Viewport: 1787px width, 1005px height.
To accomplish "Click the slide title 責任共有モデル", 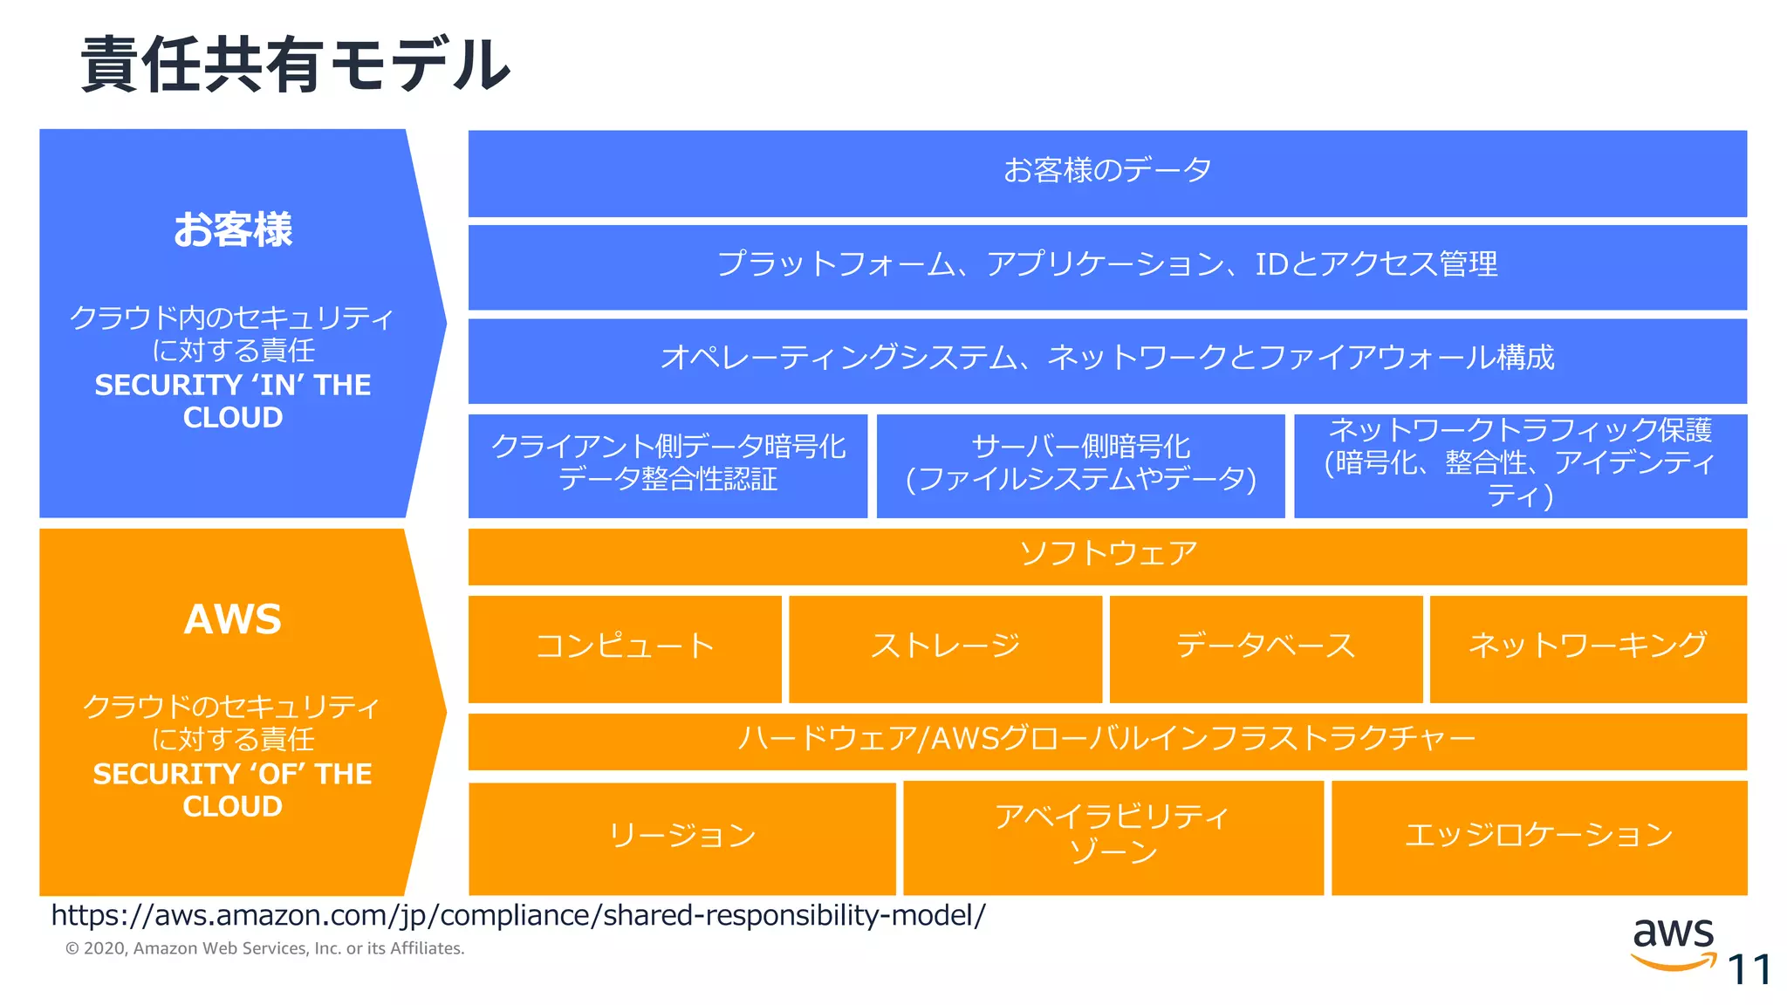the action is coord(295,65).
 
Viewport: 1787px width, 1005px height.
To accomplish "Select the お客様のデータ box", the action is coord(1106,172).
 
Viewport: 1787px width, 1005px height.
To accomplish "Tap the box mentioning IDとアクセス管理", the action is coord(1106,266).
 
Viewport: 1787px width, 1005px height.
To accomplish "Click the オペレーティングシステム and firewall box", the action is coord(1106,359).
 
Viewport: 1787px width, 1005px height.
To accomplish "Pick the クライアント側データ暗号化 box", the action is coord(668,464).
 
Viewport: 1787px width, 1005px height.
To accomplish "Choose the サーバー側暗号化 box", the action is coord(1080,464).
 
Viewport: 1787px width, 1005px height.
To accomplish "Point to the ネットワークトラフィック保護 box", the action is coord(1519,464).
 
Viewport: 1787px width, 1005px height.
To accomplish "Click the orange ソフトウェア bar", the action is coord(1106,556).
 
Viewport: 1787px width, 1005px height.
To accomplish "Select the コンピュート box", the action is coord(625,648).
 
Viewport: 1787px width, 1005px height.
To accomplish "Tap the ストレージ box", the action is coord(945,648).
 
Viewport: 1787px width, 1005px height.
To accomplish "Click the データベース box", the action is coord(1265,648).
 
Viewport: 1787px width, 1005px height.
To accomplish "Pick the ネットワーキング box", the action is coord(1587,648).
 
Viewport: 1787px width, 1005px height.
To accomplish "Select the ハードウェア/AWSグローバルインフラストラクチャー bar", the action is coord(1106,741).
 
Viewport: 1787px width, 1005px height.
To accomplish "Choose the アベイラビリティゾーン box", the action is coord(1113,836).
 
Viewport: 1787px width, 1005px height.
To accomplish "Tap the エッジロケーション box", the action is coord(1538,836).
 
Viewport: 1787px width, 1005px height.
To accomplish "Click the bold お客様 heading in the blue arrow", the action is coord(233,230).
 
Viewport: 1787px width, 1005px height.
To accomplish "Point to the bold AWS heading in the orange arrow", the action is coord(233,620).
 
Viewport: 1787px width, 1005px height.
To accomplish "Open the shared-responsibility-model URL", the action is coord(518,915).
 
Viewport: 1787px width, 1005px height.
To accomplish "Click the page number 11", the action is coord(1749,970).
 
